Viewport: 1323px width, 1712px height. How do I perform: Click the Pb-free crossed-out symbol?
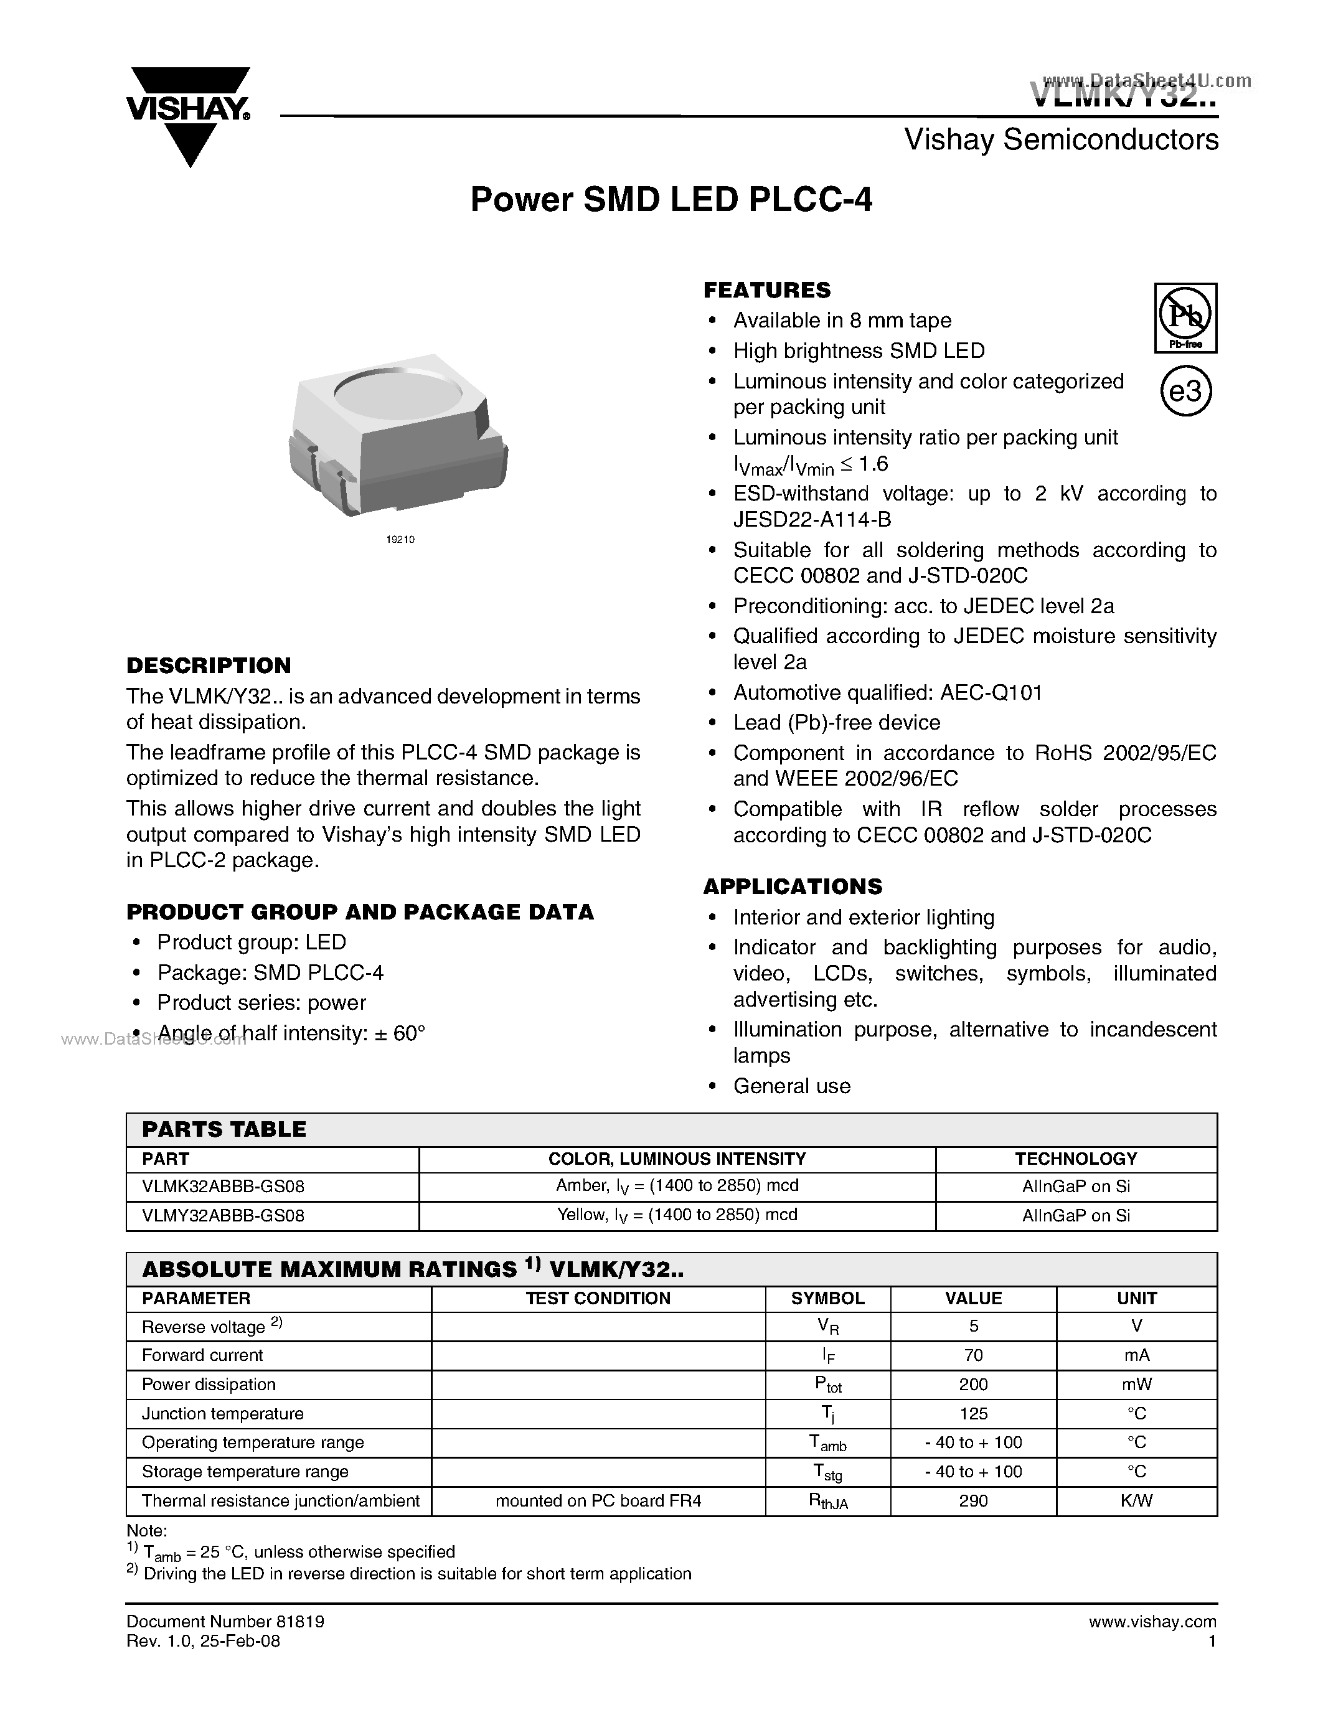1185,317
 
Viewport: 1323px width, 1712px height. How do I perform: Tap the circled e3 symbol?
1185,390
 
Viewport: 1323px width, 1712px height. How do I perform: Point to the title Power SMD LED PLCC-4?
671,200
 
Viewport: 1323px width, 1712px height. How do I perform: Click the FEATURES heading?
766,290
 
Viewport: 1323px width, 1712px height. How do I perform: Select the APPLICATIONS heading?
793,887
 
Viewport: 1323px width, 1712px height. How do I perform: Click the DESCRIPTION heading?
209,666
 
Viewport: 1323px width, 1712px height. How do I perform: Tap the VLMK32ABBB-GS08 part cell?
224,1187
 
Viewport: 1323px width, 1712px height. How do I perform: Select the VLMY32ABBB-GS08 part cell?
224,1216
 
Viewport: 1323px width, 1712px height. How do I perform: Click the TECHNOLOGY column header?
1075,1159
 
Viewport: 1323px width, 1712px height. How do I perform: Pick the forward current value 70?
974,1355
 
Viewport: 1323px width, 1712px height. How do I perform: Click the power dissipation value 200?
974,1385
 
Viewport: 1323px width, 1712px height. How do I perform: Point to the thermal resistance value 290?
974,1501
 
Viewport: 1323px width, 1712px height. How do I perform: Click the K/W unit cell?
1136,1501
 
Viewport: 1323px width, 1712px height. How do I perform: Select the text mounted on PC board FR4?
598,1501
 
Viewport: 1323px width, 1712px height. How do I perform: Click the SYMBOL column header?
827,1298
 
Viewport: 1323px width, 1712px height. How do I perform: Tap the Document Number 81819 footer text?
225,1622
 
